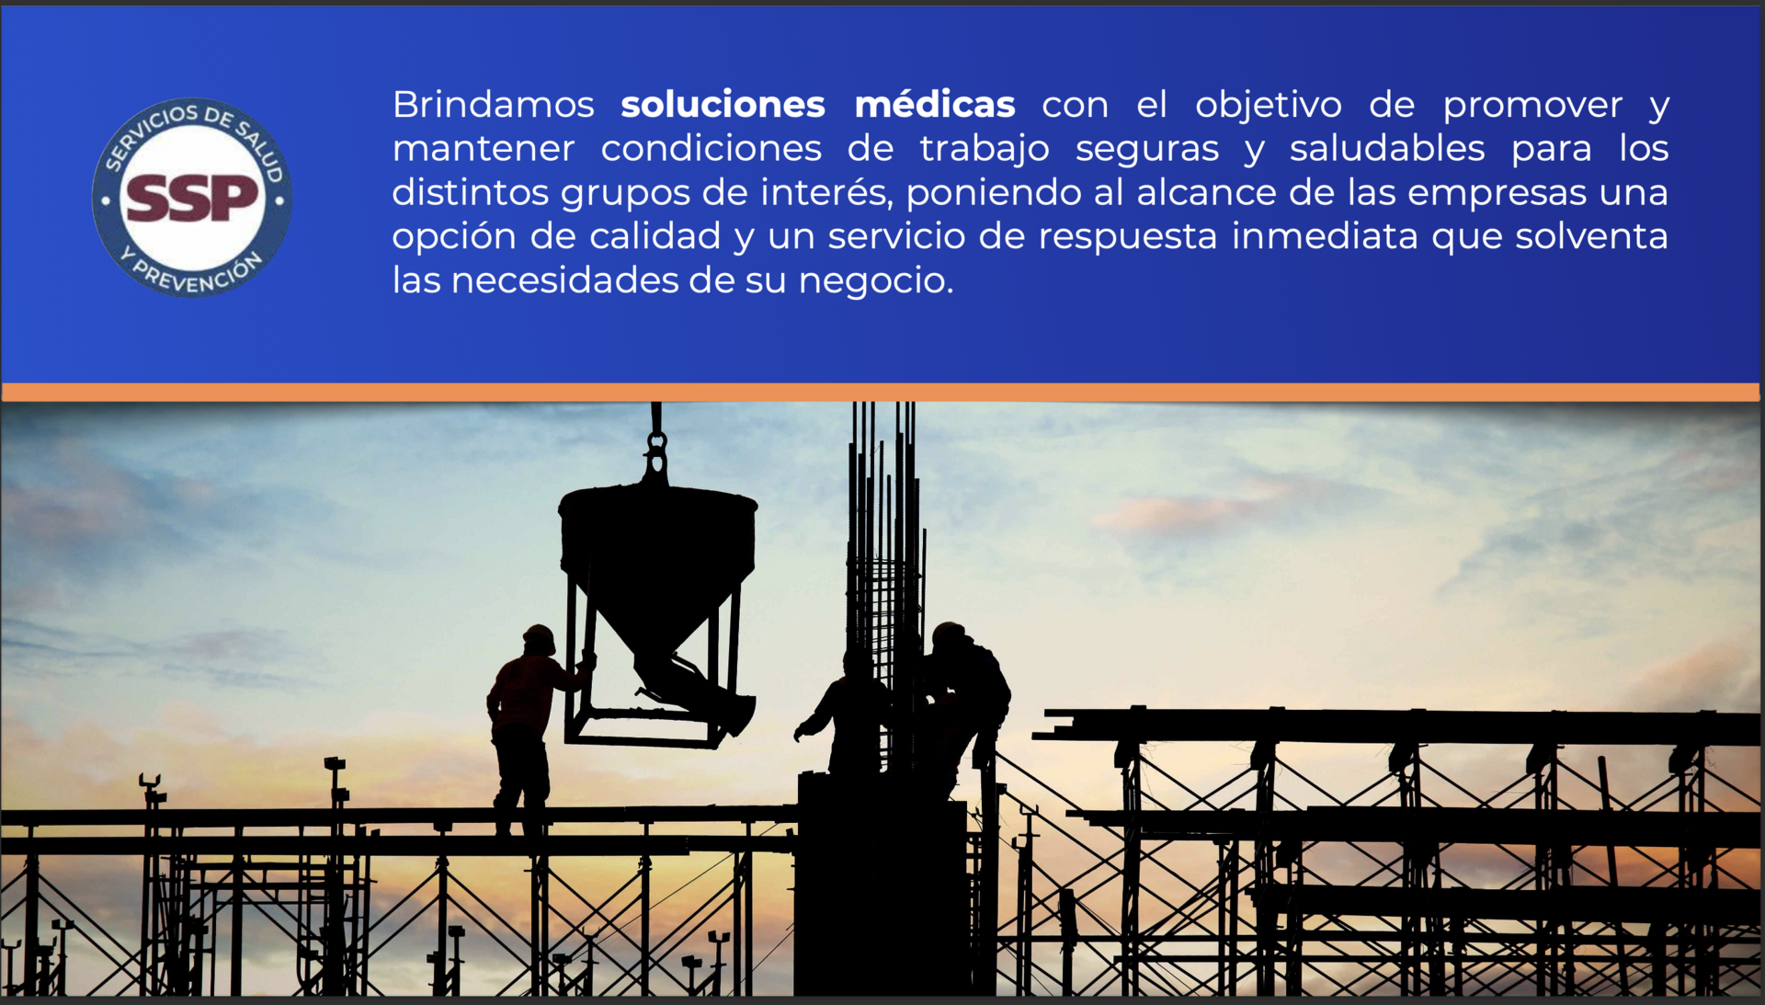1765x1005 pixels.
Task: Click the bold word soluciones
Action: (x=723, y=104)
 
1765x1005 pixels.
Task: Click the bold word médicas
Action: (x=935, y=104)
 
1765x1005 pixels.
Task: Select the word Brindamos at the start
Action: (x=494, y=104)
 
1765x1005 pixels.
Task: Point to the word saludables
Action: (x=1386, y=148)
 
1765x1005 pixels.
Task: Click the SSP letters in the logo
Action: (x=191, y=198)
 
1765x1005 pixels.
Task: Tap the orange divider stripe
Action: (x=881, y=393)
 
